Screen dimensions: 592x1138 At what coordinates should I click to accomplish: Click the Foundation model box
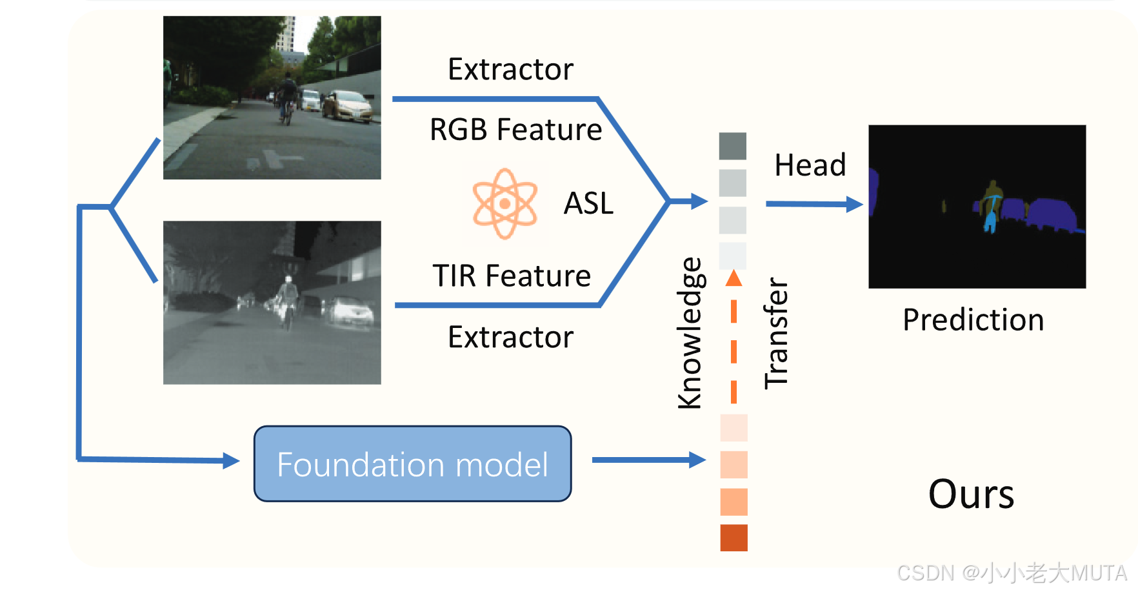(x=412, y=464)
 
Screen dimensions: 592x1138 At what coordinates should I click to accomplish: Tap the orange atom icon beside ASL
(x=504, y=203)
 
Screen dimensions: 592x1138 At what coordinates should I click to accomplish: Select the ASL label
(x=588, y=203)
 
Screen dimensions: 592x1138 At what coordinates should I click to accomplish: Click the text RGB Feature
(x=515, y=129)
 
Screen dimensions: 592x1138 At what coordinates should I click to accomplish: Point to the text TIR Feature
(x=512, y=276)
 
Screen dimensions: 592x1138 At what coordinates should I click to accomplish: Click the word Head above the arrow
(x=810, y=165)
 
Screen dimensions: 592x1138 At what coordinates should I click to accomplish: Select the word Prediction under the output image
(x=973, y=320)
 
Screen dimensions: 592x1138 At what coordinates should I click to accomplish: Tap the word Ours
(x=971, y=495)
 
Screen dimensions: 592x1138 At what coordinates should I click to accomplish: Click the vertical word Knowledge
(x=690, y=333)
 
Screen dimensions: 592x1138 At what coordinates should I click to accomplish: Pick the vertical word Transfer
(x=776, y=333)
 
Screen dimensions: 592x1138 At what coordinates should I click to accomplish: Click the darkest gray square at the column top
(x=733, y=146)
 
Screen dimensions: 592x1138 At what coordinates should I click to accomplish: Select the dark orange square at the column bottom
(x=734, y=538)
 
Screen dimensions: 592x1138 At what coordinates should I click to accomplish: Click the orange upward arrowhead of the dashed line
(x=734, y=278)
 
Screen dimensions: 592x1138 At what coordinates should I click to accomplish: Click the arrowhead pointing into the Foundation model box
(x=231, y=460)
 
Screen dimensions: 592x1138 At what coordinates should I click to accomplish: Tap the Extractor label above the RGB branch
(x=510, y=69)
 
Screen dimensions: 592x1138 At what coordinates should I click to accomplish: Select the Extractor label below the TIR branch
(x=510, y=337)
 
